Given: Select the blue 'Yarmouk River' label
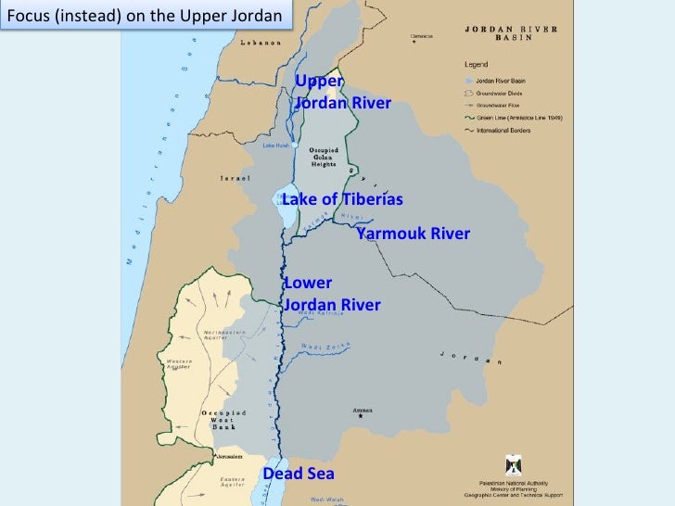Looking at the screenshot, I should click(413, 234).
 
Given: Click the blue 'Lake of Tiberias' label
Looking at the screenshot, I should click(342, 200).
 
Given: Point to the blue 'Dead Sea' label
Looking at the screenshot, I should click(299, 474).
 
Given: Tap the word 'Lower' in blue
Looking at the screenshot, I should click(308, 283).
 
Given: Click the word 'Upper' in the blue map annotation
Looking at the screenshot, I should click(319, 82).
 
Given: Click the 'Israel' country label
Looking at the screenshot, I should click(236, 178).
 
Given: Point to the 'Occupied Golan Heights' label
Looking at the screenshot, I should click(323, 157).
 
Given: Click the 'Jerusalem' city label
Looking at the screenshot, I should click(229, 457).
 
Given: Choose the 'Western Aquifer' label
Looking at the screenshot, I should click(180, 363).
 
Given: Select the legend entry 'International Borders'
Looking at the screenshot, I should click(510, 131).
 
